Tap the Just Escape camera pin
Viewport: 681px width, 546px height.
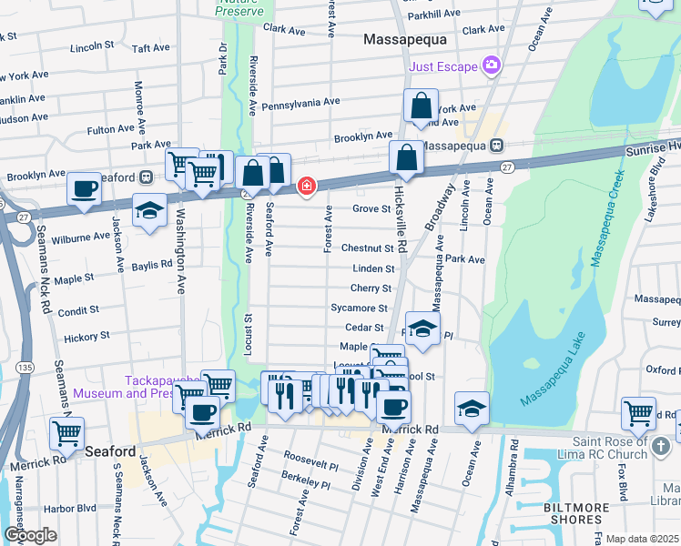[492, 66]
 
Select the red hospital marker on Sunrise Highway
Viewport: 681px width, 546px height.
[307, 187]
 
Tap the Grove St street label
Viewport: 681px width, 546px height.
[371, 208]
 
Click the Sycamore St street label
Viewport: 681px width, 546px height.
[360, 308]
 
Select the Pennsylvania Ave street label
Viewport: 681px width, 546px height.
[300, 104]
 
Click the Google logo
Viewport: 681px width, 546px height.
[29, 535]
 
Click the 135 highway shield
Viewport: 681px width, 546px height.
[25, 366]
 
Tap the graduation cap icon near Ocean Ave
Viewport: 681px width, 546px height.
[472, 408]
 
